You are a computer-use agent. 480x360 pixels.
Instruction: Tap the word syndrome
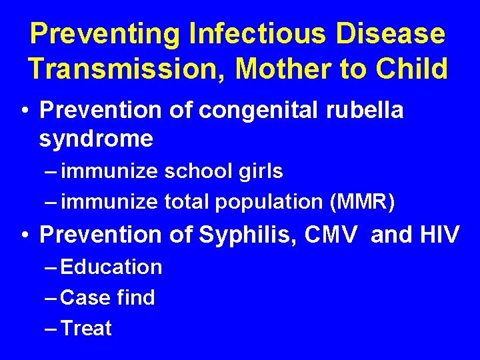click(96, 139)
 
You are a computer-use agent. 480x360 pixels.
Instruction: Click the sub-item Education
click(111, 267)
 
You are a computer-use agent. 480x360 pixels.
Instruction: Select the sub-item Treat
click(86, 328)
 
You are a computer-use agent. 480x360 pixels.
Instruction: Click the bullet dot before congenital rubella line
click(24, 111)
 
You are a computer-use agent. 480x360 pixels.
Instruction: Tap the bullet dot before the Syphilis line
click(24, 235)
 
